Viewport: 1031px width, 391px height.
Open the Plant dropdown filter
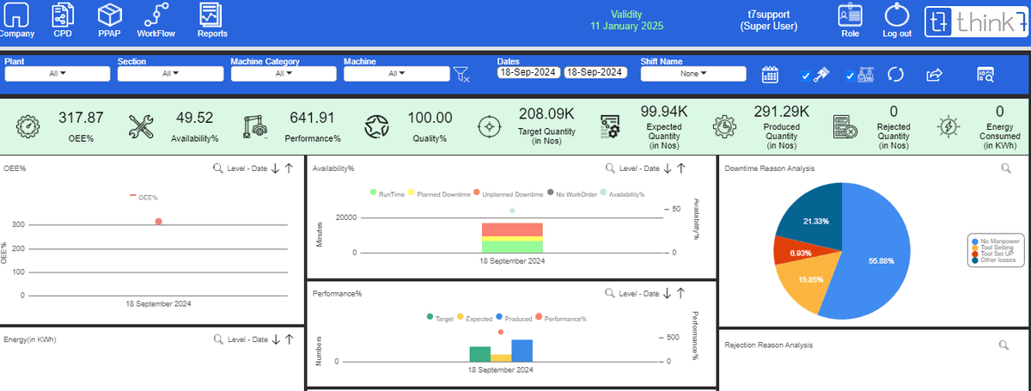point(58,74)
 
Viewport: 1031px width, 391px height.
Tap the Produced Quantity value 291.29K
point(781,111)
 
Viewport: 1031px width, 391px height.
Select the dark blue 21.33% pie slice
point(808,215)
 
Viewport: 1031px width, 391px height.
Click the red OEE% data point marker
point(159,222)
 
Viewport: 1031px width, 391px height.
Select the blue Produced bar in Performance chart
point(522,350)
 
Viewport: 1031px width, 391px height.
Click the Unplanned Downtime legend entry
point(508,195)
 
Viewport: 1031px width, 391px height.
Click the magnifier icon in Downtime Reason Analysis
point(1005,168)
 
